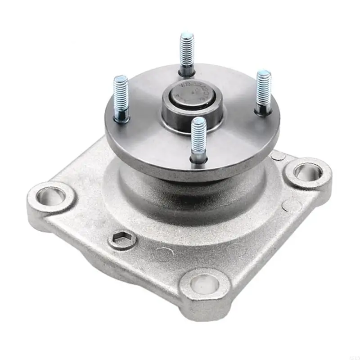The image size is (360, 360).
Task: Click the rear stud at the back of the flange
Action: click(x=187, y=54)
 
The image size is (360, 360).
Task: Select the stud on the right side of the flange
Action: click(x=263, y=92)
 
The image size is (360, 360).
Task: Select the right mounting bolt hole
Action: click(x=308, y=172)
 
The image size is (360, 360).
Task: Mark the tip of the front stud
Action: click(x=198, y=121)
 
